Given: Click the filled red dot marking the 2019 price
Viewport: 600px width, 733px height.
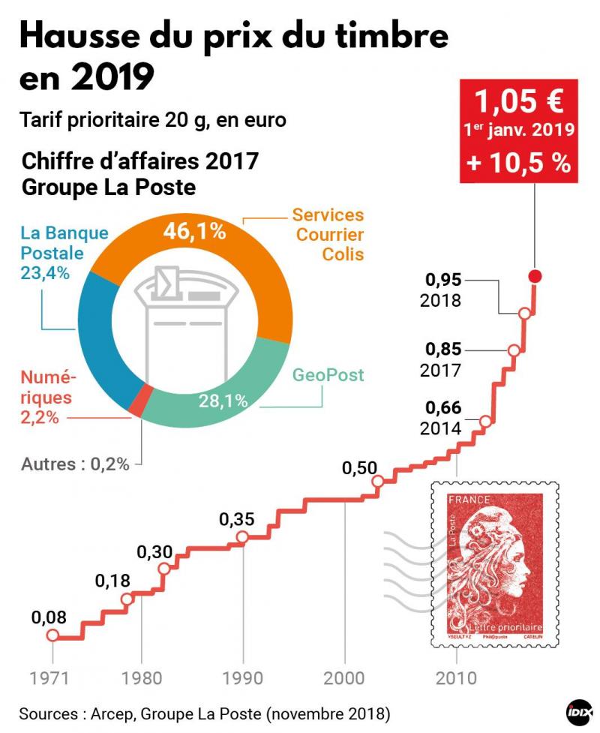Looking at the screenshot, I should [x=535, y=276].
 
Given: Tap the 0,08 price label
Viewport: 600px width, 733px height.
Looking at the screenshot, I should [x=49, y=618].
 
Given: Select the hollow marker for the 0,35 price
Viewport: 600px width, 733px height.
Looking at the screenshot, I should [x=242, y=536].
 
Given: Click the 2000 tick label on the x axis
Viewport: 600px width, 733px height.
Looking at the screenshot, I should [x=345, y=677].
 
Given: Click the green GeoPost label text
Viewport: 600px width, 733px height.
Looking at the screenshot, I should [x=328, y=374].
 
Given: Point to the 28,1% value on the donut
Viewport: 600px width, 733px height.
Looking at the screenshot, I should [x=223, y=401].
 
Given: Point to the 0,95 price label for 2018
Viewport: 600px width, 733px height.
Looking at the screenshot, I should [x=443, y=281].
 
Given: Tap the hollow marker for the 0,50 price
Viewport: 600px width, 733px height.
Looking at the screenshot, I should [x=378, y=481].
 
